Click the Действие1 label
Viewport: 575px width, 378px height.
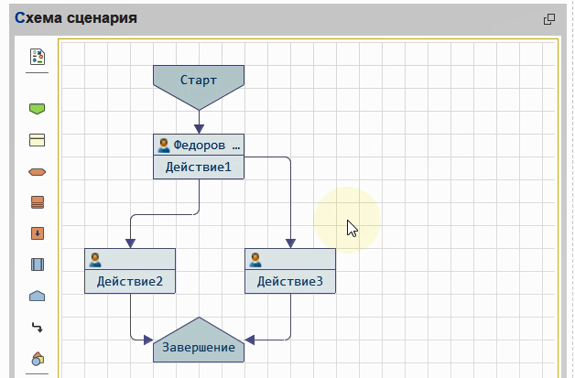(199, 167)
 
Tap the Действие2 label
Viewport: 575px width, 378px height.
(130, 282)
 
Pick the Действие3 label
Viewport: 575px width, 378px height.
(290, 282)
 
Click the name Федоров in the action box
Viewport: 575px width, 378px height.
(199, 145)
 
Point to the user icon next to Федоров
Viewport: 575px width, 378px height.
(164, 145)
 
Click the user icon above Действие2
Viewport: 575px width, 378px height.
(95, 259)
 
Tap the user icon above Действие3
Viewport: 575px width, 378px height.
(256, 259)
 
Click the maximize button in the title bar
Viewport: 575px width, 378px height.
(549, 18)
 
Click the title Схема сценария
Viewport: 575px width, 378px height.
(76, 17)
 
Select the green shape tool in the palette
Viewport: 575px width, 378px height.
(38, 109)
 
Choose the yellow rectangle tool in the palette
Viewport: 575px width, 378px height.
(38, 140)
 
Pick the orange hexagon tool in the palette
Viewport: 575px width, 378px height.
(38, 171)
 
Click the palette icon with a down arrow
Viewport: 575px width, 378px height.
(38, 233)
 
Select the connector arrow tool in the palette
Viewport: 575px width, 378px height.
(38, 327)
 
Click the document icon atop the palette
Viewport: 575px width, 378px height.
(38, 57)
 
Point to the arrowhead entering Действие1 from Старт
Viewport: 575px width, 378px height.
(199, 128)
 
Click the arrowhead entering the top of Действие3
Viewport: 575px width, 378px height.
(290, 243)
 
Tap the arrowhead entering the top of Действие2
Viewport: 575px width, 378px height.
(130, 243)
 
